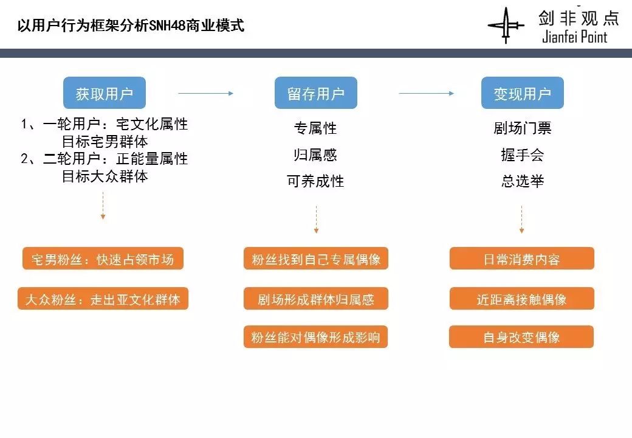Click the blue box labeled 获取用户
[105, 93]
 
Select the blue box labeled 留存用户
[315, 93]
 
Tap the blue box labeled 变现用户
[522, 93]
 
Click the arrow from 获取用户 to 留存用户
[205, 93]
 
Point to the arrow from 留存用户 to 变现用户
[426, 93]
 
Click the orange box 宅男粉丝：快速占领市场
[103, 259]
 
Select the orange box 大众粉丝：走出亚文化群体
[103, 299]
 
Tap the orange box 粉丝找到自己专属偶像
[316, 259]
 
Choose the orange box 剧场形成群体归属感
[316, 299]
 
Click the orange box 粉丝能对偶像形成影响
[316, 337]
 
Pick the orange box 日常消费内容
[521, 259]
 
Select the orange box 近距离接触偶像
[521, 299]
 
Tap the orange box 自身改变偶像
[521, 337]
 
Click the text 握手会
[522, 155]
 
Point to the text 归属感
[315, 155]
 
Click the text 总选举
[522, 181]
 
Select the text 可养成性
[315, 181]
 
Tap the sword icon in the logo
[506, 26]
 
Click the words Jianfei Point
[574, 37]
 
